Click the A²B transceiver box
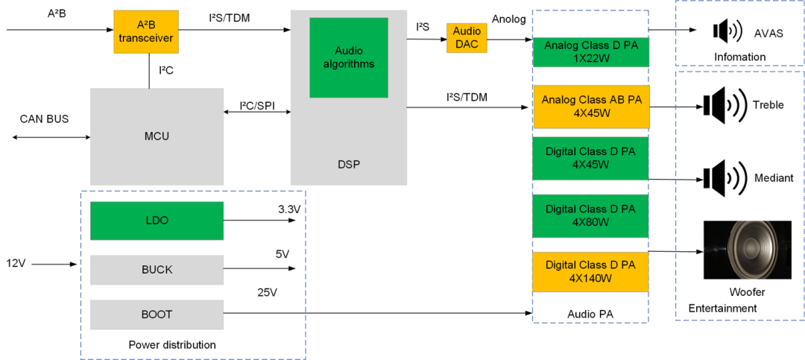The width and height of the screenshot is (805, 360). point(146,32)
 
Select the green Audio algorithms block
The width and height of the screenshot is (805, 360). point(349,58)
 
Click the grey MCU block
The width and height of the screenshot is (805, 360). point(157,136)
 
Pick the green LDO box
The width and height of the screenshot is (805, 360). point(157,221)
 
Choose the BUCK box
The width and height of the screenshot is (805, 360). point(157,270)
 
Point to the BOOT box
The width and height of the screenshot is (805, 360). point(157,315)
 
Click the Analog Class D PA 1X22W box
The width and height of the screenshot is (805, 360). point(590,51)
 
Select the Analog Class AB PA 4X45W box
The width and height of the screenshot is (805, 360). point(590,107)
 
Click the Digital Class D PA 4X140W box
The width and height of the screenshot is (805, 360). point(590,272)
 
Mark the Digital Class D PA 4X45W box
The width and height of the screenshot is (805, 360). point(590,158)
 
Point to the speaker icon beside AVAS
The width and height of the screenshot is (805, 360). point(727,31)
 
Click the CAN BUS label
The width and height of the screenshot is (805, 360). point(44,119)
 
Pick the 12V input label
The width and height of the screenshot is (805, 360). point(16,264)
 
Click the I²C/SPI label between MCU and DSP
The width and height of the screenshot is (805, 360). point(256,106)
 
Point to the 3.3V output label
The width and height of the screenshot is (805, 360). point(287,210)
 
